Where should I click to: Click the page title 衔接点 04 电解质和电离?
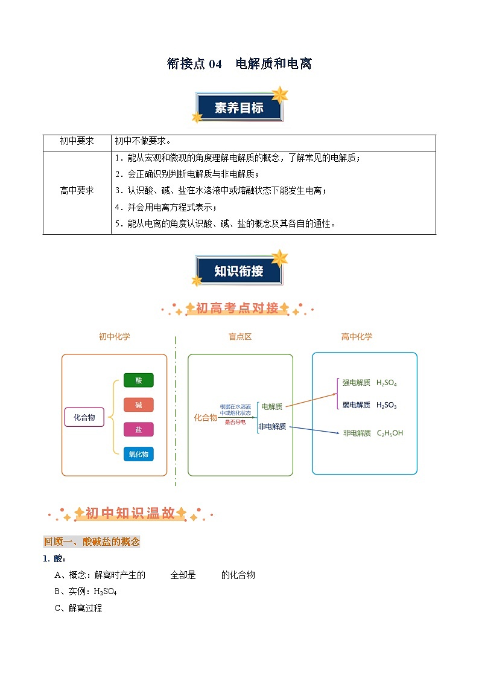coord(239,63)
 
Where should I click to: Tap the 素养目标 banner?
coord(239,108)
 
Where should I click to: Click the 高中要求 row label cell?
coord(77,190)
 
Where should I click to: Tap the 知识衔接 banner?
coord(239,271)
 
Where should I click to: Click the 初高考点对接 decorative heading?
coord(238,309)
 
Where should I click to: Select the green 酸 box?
coord(138,380)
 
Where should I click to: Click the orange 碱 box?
coord(138,405)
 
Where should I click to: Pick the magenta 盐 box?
coord(138,429)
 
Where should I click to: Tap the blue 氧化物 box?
coord(138,454)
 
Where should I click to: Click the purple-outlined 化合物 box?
coord(84,418)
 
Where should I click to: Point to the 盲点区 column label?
coord(239,337)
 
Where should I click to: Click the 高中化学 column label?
coord(357,337)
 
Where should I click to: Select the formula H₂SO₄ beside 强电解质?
coord(386,383)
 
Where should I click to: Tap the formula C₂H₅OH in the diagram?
coord(390,433)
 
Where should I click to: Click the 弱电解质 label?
coord(356,405)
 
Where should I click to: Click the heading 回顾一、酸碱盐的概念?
coord(92,542)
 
